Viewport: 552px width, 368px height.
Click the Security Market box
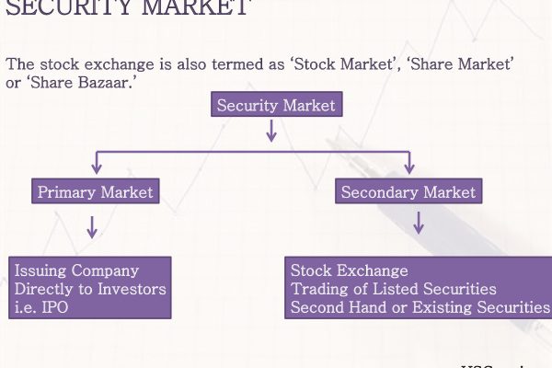pyautogui.click(x=277, y=105)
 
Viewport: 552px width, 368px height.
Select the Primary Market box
pyautogui.click(x=94, y=192)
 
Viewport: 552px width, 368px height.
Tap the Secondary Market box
pyautogui.click(x=408, y=192)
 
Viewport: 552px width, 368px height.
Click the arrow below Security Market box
pyautogui.click(x=270, y=131)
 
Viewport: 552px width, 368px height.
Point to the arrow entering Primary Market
pyautogui.click(x=95, y=166)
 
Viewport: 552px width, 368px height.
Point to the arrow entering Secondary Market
pyautogui.click(x=409, y=166)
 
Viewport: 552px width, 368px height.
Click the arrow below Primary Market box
pyautogui.click(x=92, y=226)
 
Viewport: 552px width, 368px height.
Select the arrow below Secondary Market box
pyautogui.click(x=419, y=222)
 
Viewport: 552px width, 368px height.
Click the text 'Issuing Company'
pyautogui.click(x=76, y=270)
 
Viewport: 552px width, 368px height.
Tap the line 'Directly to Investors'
pyautogui.click(x=90, y=289)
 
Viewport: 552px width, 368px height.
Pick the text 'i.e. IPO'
pyautogui.click(x=41, y=307)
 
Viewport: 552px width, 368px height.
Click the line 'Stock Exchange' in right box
pyautogui.click(x=349, y=270)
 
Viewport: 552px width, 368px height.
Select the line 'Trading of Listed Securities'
pyautogui.click(x=393, y=289)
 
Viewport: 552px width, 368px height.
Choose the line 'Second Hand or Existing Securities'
pyautogui.click(x=420, y=307)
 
